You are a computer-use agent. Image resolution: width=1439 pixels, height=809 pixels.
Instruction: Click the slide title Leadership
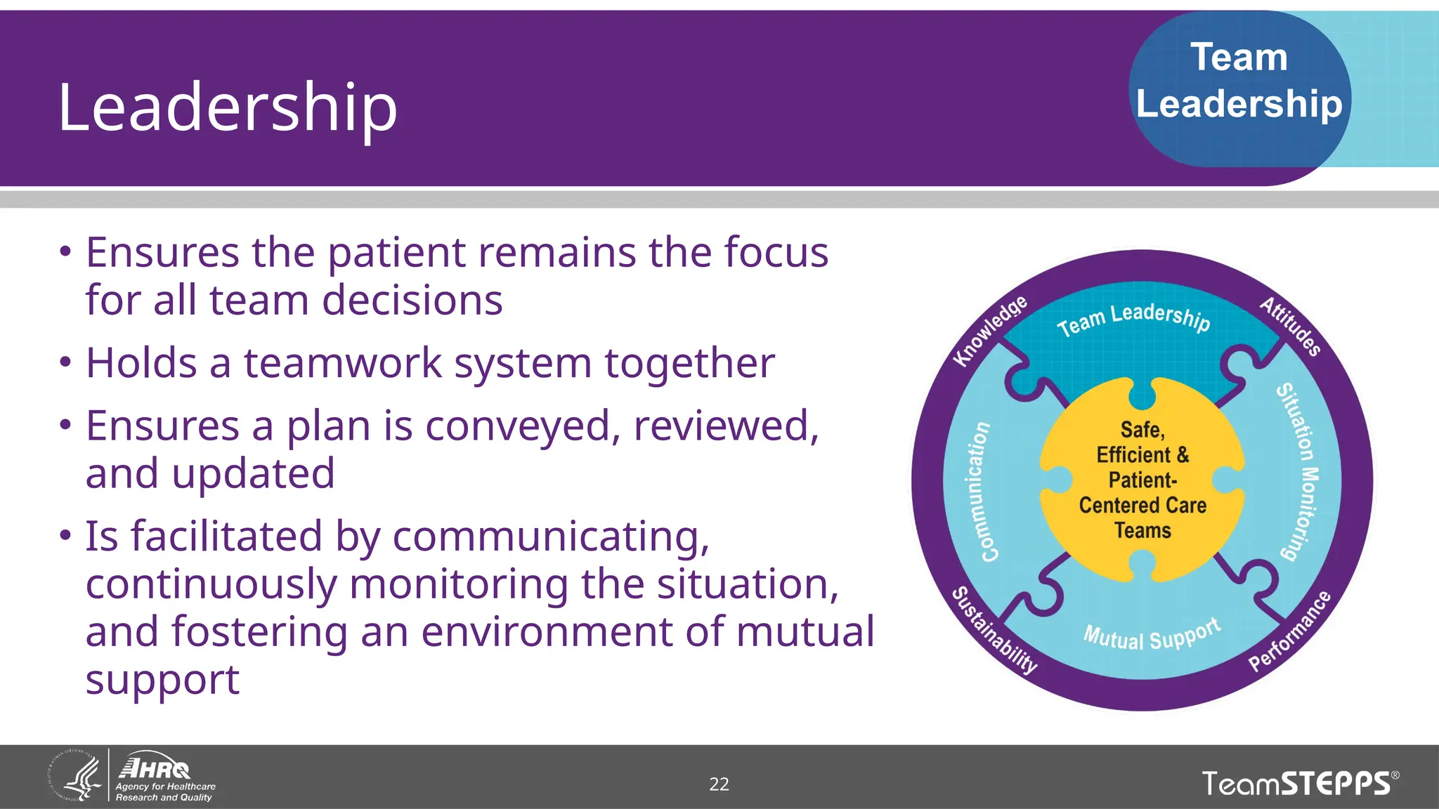(227, 107)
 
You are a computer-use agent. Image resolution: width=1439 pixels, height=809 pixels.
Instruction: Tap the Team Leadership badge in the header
(1239, 81)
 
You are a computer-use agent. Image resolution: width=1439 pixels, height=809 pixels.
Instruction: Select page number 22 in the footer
(719, 784)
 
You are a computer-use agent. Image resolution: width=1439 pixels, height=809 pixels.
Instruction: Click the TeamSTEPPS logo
(1300, 784)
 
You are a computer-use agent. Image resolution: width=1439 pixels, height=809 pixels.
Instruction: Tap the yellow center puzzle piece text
(1142, 480)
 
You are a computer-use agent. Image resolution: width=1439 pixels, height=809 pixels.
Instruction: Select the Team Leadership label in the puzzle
(1134, 319)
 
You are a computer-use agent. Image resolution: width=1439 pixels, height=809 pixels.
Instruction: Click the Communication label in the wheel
(978, 492)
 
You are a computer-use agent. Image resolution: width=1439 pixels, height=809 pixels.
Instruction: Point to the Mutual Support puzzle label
(1152, 636)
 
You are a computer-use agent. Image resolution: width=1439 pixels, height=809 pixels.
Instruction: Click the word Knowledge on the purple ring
(989, 331)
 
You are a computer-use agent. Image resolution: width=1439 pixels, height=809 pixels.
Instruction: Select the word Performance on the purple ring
(1289, 631)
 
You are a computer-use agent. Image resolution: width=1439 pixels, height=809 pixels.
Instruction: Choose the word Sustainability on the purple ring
(994, 630)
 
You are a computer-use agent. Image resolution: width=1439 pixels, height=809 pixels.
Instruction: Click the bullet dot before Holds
(65, 363)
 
